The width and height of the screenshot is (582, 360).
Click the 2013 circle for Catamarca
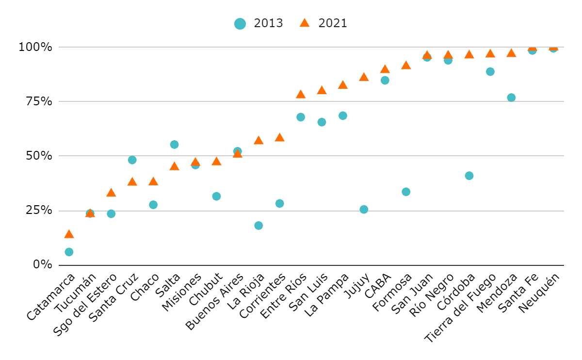(69, 252)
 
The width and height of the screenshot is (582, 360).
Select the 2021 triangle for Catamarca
(69, 234)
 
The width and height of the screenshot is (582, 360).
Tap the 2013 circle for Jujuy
(364, 209)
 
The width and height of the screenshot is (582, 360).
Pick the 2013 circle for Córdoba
(469, 176)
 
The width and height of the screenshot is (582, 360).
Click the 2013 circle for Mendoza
(511, 98)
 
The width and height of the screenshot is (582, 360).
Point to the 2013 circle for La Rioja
(259, 226)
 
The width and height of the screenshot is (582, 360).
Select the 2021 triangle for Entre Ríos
(301, 94)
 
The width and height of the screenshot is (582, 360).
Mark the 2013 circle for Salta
(174, 145)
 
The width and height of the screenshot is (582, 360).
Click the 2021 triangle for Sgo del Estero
(111, 193)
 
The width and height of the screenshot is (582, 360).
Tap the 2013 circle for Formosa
(406, 192)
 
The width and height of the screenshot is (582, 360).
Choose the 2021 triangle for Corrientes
(279, 137)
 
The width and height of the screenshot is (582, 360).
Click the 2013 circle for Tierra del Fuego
(490, 72)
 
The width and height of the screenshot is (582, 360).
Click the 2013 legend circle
(240, 23)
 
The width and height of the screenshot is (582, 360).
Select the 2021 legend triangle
(305, 23)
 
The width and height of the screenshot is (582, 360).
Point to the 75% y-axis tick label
(35, 101)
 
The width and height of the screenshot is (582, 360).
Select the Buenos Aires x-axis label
(215, 301)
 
